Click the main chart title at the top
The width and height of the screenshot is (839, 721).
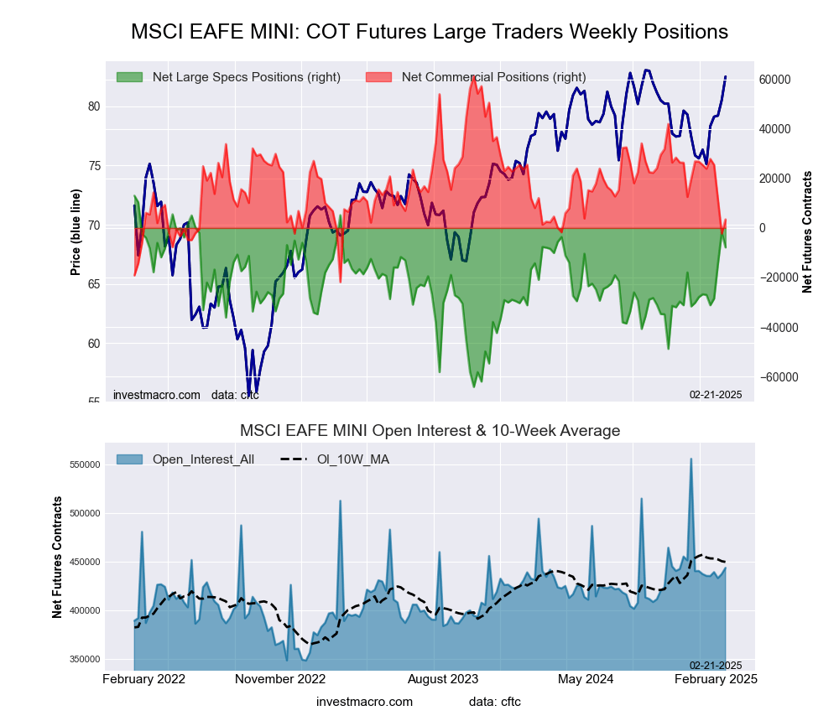429,32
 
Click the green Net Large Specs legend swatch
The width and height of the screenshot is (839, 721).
130,77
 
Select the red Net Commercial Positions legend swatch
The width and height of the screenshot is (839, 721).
379,77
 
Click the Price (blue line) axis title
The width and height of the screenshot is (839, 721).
76,232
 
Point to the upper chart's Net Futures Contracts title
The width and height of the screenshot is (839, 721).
807,232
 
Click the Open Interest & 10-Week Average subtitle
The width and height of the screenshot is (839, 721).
430,431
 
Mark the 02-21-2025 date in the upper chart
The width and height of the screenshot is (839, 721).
716,394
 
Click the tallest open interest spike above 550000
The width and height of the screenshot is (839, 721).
691,459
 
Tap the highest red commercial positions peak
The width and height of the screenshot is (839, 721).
473,77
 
